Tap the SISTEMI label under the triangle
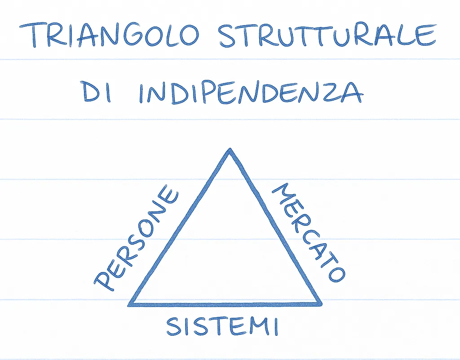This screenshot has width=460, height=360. click(x=222, y=326)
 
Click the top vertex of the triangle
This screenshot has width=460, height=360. click(x=230, y=150)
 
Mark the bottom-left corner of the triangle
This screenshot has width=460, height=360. click(x=129, y=304)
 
